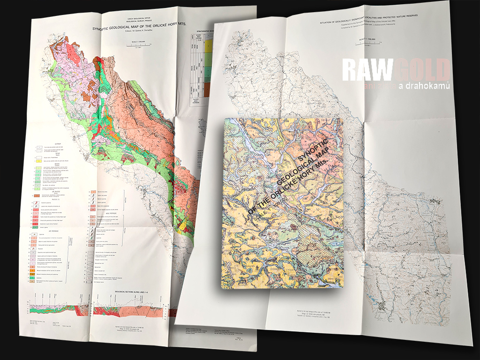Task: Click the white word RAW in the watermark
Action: pos(366,70)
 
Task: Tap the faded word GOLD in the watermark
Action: pos(422,70)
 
